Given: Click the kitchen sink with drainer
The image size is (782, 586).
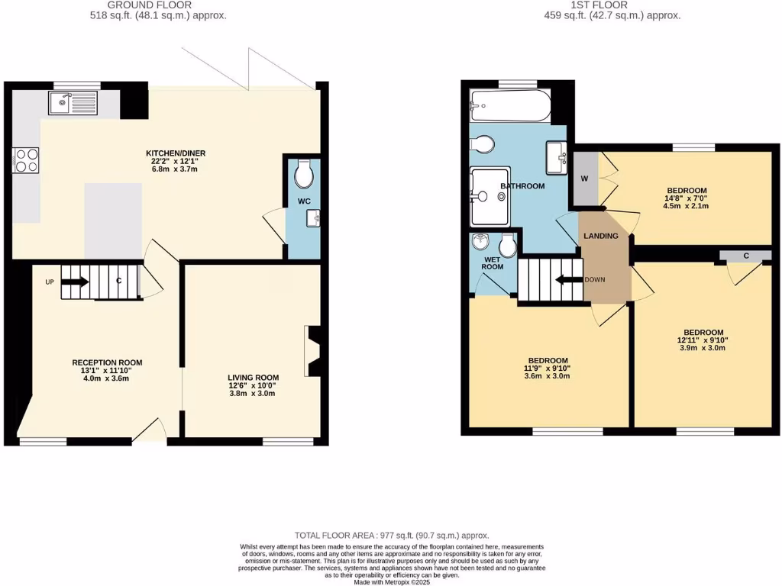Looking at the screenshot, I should (x=73, y=102).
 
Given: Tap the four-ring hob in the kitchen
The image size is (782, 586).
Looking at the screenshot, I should (x=26, y=160).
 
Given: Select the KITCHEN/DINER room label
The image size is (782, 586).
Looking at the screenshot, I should (x=176, y=153).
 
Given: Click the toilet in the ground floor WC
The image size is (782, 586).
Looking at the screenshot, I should (x=303, y=175).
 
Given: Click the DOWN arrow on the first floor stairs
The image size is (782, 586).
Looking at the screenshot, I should (x=569, y=279).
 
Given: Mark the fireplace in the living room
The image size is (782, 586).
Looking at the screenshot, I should (x=312, y=348).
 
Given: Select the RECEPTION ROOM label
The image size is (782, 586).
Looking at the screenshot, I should (x=107, y=362).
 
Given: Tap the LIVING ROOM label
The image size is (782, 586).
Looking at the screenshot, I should (x=253, y=377).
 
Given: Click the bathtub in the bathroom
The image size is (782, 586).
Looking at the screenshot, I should (x=509, y=106).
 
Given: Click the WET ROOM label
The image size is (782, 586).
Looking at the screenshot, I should (x=493, y=262).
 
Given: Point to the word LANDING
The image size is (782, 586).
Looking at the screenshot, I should (x=601, y=236).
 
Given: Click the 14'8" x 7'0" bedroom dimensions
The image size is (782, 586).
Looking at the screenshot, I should (x=687, y=200).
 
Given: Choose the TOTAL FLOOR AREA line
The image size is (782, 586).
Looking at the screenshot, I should (x=391, y=536).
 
